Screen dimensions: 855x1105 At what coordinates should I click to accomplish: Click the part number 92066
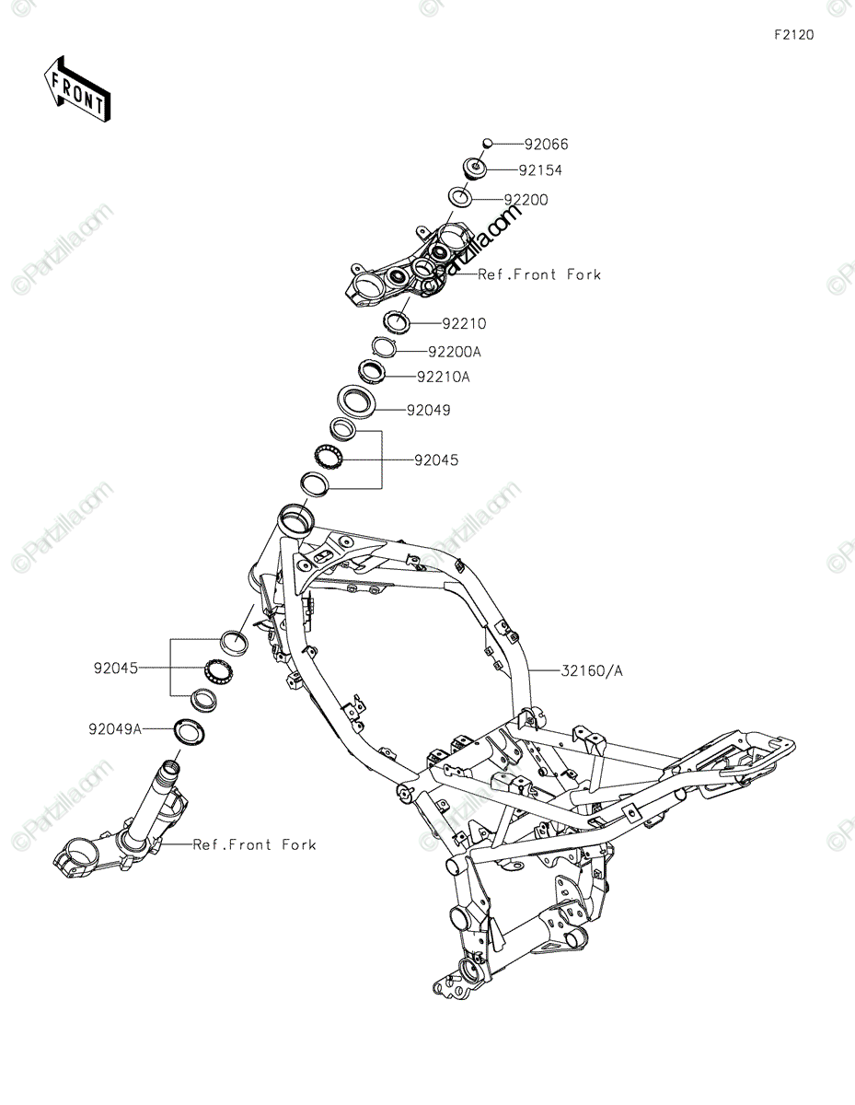(547, 145)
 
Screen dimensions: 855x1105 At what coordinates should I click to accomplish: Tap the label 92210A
(443, 377)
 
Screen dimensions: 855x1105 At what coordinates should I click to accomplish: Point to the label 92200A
(454, 352)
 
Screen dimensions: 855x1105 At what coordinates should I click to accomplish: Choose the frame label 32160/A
(592, 671)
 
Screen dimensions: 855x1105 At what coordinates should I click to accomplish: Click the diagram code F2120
(793, 36)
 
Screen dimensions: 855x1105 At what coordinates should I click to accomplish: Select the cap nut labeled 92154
(475, 170)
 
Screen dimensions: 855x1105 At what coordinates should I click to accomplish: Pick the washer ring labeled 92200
(460, 197)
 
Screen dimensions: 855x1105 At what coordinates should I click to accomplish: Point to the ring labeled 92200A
(384, 346)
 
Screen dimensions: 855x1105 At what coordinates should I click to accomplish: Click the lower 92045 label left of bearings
(114, 668)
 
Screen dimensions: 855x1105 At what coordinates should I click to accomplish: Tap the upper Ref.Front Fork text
(538, 274)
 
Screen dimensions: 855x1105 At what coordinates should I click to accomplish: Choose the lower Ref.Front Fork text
(254, 844)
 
